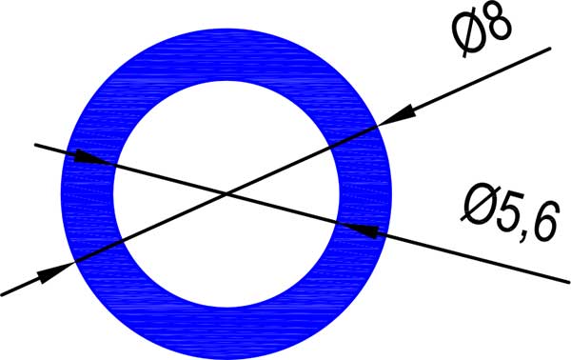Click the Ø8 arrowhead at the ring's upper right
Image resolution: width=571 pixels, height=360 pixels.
point(387,119)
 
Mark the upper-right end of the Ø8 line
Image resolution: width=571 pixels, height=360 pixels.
point(549,48)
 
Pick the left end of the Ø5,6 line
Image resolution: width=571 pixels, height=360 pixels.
point(35,145)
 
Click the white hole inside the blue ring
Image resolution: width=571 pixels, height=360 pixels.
point(226,143)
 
